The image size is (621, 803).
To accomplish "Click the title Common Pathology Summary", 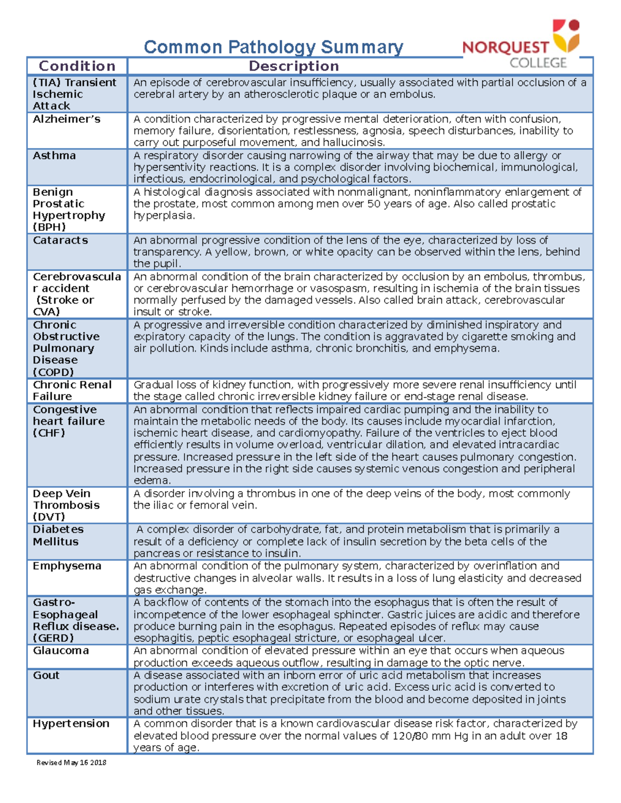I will point(273,47).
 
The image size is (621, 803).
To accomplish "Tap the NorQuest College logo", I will point(521,46).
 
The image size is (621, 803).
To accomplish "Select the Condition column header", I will point(77,66).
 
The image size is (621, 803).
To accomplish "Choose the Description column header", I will point(293,66).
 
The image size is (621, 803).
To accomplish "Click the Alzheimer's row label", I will point(67,119).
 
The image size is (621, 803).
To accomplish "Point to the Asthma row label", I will point(54,156).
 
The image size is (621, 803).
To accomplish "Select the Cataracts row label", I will point(61,240).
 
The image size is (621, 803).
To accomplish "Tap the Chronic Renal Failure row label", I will point(72,390).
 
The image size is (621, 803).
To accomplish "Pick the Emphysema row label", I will point(67,566).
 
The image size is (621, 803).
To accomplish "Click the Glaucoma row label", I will point(61,650).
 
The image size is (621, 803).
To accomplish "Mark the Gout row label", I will point(46,675).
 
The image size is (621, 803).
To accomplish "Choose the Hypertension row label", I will point(71,724).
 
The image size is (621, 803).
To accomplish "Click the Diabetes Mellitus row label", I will point(58,536).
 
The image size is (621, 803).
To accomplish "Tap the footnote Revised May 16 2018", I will point(71,763).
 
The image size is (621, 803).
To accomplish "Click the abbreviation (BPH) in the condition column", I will point(49,227).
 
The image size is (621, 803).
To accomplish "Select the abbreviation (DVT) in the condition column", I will point(49,517).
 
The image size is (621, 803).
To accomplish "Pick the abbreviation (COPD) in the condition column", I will point(53,372).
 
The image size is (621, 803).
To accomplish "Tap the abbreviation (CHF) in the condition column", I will point(49,433).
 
